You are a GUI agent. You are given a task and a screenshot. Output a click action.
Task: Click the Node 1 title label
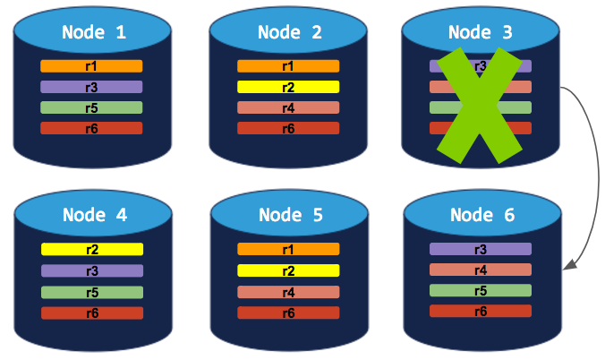[x=94, y=33]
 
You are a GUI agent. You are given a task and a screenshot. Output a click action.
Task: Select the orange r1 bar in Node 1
[x=91, y=66]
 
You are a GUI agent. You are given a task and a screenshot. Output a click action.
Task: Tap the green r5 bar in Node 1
[x=91, y=107]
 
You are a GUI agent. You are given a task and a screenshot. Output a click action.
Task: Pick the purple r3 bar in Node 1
[x=91, y=87]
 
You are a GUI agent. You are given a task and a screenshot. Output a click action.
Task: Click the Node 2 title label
[x=289, y=33]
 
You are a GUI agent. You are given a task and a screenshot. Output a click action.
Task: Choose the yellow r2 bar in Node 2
[x=288, y=87]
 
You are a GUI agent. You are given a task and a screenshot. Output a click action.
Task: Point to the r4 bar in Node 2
[x=288, y=107]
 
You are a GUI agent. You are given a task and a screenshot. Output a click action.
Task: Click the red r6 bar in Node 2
[x=288, y=128]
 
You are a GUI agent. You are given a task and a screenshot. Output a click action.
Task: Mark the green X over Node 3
[x=481, y=106]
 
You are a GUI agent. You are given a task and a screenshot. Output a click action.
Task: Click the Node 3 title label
[x=481, y=33]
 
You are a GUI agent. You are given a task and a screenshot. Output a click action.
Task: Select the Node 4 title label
[x=94, y=215]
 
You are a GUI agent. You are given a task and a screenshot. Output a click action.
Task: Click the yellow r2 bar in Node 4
[x=91, y=250]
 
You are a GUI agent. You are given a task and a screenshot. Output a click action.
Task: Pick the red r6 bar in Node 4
[x=91, y=313]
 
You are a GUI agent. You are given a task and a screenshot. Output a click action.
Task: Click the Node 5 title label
[x=289, y=215]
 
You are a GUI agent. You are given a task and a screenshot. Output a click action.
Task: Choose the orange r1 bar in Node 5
[x=288, y=250]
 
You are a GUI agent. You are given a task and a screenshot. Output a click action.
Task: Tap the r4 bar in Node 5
[x=288, y=292]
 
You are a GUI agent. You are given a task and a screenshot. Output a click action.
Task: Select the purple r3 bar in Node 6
[x=481, y=249]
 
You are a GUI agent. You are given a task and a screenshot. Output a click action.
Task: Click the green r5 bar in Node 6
[x=481, y=290]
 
